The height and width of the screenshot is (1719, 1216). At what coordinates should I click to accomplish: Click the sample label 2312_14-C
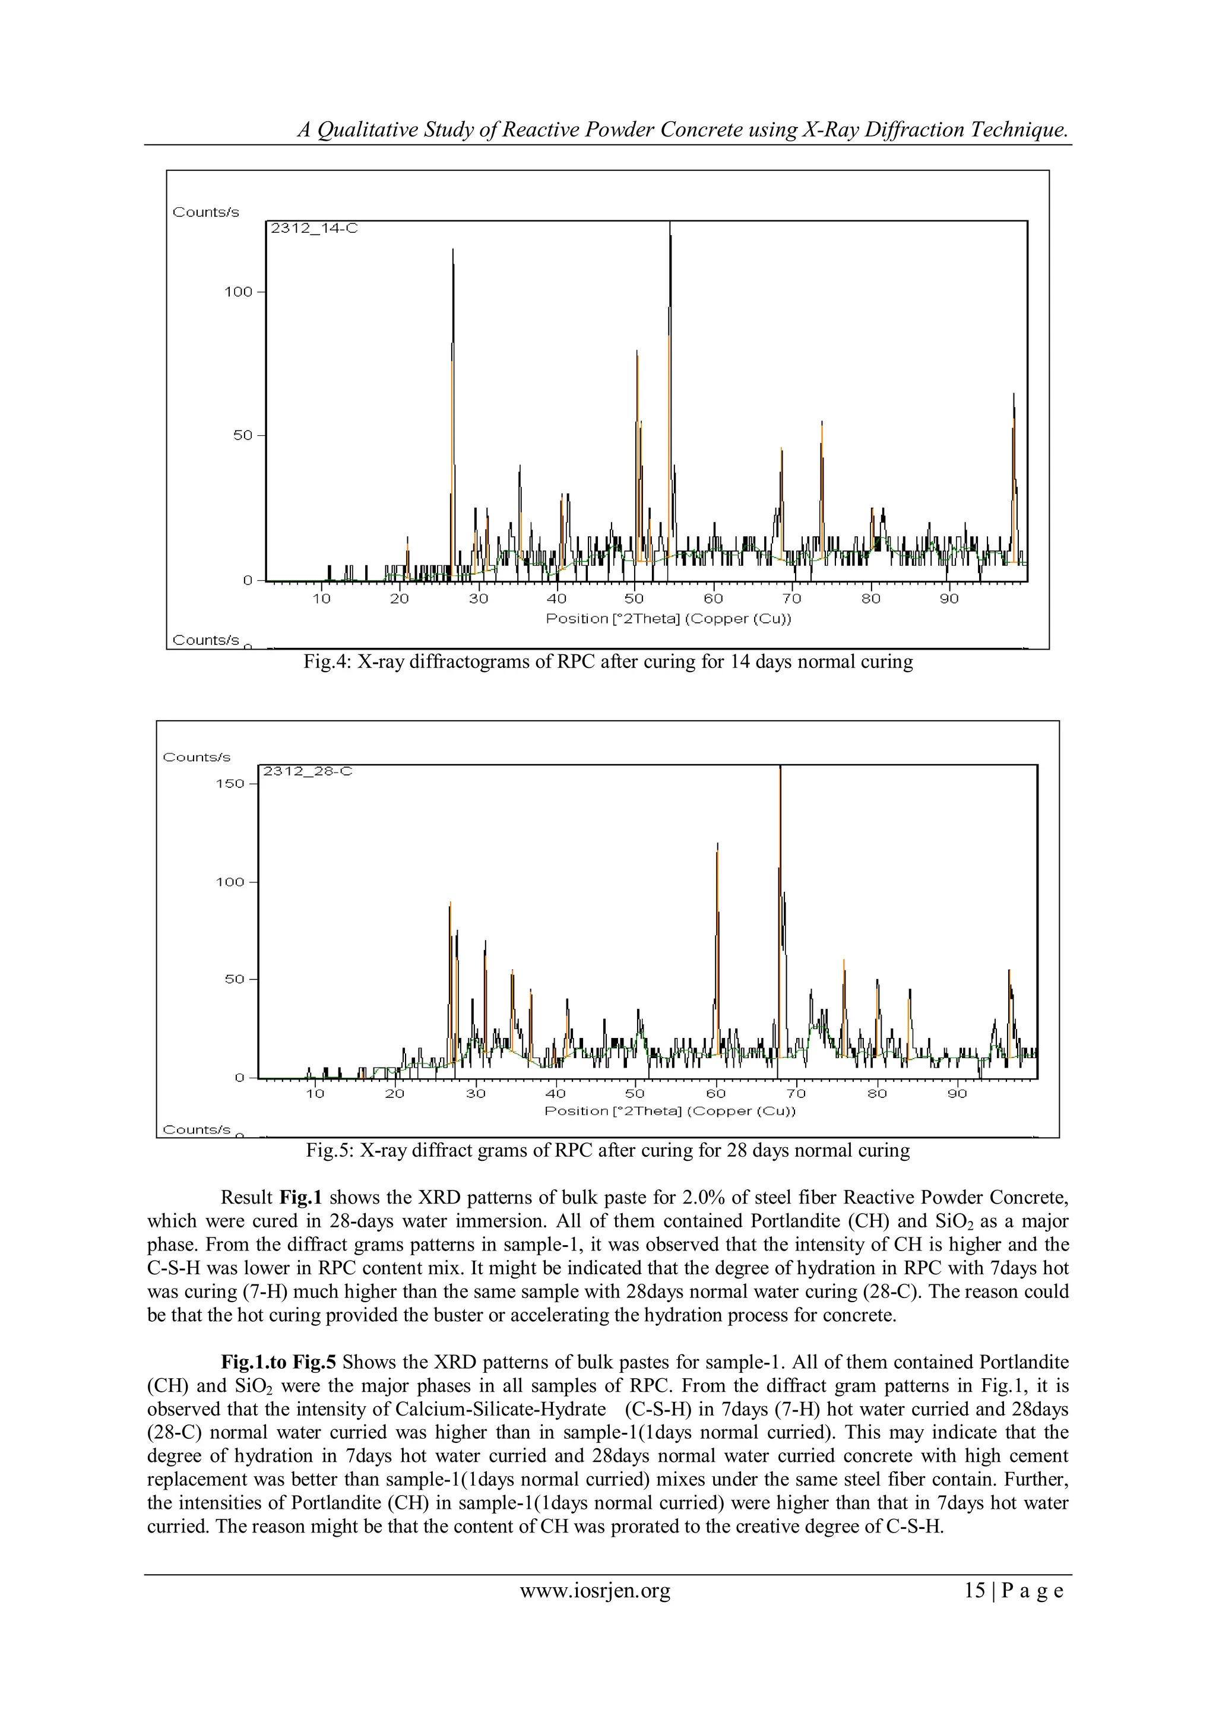(313, 229)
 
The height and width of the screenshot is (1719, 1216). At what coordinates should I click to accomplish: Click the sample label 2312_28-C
(307, 771)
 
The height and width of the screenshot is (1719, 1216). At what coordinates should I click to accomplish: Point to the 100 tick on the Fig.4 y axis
(239, 292)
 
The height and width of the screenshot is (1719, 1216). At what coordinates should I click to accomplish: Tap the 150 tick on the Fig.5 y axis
(230, 784)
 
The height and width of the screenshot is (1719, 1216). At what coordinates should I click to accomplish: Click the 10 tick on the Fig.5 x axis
(315, 1094)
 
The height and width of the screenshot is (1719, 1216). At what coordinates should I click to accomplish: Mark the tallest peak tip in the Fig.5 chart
(780, 767)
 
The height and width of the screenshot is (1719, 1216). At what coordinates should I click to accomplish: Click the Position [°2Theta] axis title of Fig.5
(669, 1111)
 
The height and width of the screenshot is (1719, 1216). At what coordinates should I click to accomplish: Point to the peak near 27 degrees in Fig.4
(453, 251)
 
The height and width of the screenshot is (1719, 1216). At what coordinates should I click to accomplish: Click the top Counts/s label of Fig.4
(206, 213)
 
